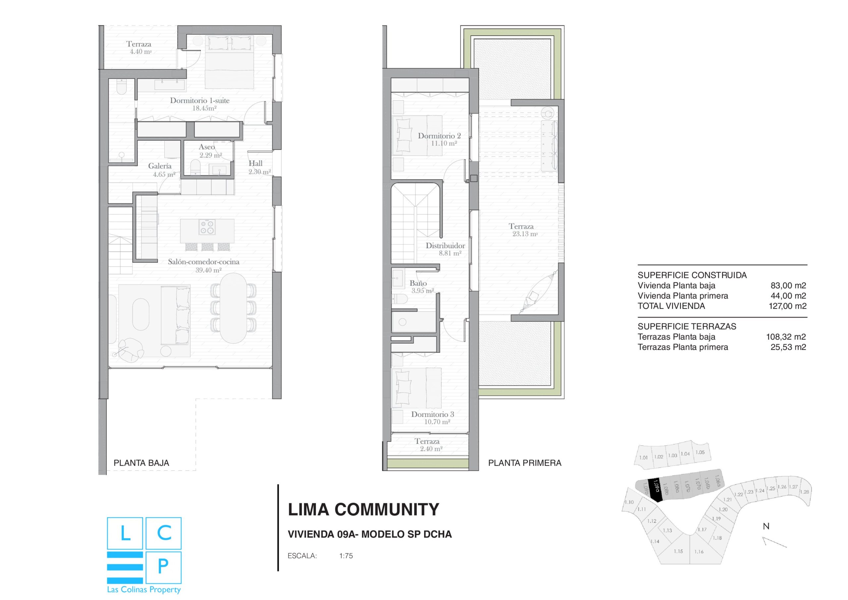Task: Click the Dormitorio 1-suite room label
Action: pos(199,100)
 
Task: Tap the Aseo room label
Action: pos(206,147)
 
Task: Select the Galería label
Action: pos(160,166)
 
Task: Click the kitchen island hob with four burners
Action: pos(207,227)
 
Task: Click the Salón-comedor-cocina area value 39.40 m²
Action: pos(208,270)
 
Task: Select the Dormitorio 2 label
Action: pos(439,136)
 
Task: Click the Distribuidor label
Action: pos(445,246)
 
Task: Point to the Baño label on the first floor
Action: pos(418,283)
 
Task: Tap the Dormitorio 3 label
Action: pos(433,414)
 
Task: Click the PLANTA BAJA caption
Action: pos(141,463)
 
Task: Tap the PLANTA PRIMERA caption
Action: pos(524,463)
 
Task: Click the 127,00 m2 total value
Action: pos(787,306)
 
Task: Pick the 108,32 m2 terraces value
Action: pos(786,337)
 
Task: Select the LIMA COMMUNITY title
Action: pos(363,510)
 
